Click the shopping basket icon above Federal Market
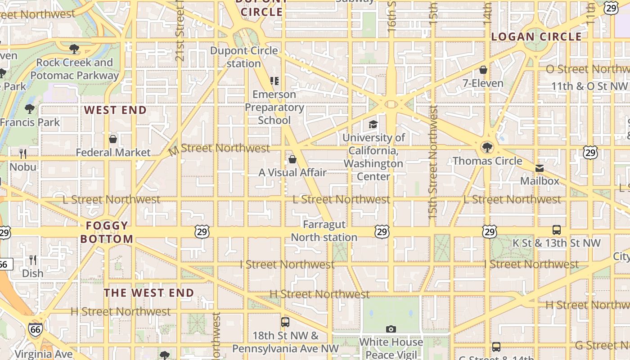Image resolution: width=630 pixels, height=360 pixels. [x=113, y=139]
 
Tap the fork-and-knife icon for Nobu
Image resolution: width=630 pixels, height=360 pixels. [x=23, y=154]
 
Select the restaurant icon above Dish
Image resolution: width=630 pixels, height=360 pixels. [x=33, y=260]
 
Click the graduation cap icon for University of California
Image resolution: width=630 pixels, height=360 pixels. [x=373, y=124]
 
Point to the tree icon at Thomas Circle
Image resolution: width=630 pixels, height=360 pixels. [x=487, y=147]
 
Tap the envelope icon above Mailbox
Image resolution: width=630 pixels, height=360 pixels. [x=539, y=168]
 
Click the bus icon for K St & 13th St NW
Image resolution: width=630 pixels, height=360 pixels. [x=557, y=230]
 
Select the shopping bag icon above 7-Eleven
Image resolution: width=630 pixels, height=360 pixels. [x=483, y=70]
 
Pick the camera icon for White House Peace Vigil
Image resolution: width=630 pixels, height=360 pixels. [x=391, y=329]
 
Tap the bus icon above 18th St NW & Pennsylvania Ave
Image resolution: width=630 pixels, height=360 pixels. [x=285, y=322]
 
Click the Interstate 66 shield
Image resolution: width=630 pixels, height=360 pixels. [x=36, y=330]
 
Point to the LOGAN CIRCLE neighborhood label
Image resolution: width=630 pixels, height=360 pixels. [x=536, y=37]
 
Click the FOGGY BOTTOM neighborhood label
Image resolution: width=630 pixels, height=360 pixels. [x=107, y=232]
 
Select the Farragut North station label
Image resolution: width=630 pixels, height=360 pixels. [x=324, y=231]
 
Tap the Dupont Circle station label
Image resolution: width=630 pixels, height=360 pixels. [x=244, y=57]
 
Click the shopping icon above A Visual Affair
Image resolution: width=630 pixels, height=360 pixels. [x=292, y=159]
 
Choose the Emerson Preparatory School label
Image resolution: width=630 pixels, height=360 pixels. [x=274, y=107]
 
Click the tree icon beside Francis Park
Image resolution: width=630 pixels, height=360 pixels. [x=30, y=108]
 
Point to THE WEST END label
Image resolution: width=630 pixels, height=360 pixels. [x=149, y=293]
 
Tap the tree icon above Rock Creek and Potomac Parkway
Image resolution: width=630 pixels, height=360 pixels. [x=74, y=49]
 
